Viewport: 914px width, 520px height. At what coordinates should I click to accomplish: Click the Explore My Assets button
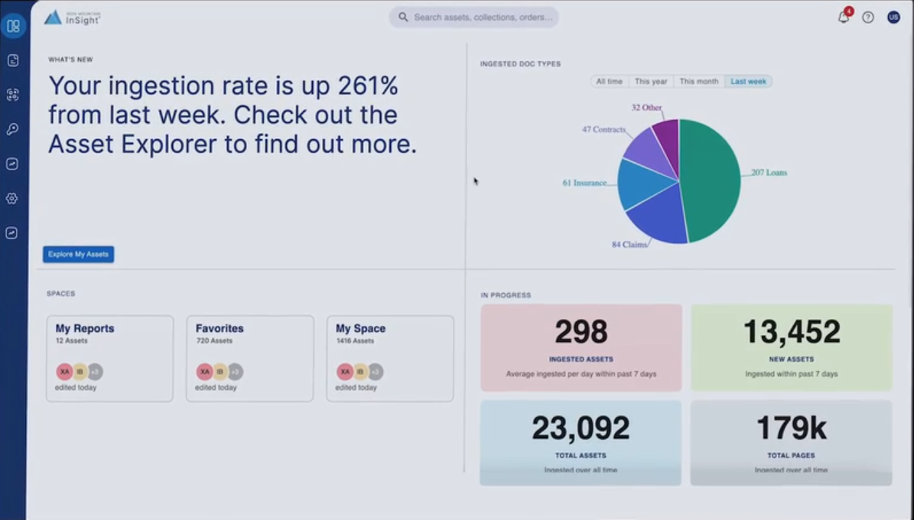tap(78, 254)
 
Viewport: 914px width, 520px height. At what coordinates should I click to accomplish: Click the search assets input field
tap(482, 17)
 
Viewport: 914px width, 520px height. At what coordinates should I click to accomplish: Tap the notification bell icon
tap(844, 18)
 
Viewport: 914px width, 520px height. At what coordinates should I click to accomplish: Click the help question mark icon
tap(868, 18)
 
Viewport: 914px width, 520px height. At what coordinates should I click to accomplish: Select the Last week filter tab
tap(748, 81)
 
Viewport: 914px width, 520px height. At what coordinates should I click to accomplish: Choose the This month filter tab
tap(698, 81)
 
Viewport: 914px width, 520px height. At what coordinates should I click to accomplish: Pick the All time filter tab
tap(610, 81)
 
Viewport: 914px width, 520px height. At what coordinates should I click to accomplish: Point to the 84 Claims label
tap(629, 245)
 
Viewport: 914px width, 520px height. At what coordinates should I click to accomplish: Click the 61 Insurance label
tap(584, 184)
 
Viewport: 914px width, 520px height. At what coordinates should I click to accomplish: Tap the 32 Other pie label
tap(646, 108)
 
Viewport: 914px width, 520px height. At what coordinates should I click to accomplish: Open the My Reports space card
tap(109, 358)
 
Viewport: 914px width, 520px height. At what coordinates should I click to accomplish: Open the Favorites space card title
tap(220, 329)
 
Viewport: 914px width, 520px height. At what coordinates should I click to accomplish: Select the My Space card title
tap(360, 329)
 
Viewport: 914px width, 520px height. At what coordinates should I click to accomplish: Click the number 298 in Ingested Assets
tap(581, 332)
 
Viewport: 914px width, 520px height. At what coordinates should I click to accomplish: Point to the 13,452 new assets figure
tap(792, 332)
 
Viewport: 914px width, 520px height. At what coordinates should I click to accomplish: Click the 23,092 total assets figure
tap(581, 428)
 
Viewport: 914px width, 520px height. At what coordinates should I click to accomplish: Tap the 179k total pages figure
tap(791, 428)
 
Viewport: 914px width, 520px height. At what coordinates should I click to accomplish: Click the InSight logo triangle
tap(53, 18)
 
